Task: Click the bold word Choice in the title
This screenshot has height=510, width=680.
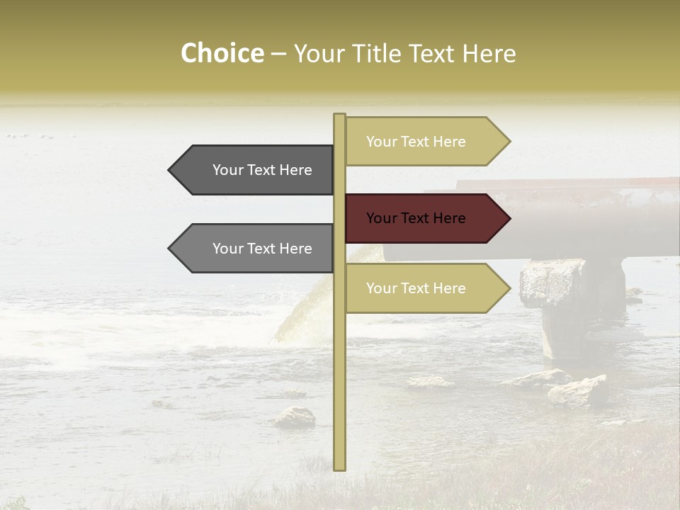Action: coord(222,54)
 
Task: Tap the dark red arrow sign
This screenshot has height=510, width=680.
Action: coord(425,218)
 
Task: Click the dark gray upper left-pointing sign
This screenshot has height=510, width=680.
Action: coord(255,170)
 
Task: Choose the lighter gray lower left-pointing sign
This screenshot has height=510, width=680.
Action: coord(255,249)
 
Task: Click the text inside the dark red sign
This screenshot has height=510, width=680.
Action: coord(416,218)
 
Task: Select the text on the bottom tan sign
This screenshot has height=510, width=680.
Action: coord(416,288)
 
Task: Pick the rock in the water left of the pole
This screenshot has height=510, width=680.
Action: coord(295,418)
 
